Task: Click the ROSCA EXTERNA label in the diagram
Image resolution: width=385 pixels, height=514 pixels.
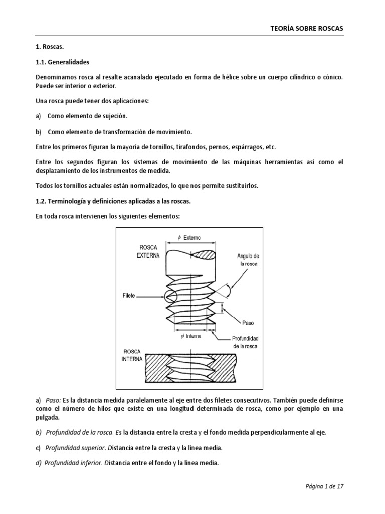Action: pyautogui.click(x=148, y=251)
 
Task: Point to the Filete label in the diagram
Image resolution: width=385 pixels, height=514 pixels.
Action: pyautogui.click(x=129, y=296)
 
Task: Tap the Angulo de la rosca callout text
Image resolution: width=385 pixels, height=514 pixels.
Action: pyautogui.click(x=248, y=260)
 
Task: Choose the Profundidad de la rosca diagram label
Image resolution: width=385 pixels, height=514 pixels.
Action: pyautogui.click(x=245, y=342)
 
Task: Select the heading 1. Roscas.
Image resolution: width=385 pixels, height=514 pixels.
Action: pyautogui.click(x=50, y=46)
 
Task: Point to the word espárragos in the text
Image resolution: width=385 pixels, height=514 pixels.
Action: pyautogui.click(x=245, y=147)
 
